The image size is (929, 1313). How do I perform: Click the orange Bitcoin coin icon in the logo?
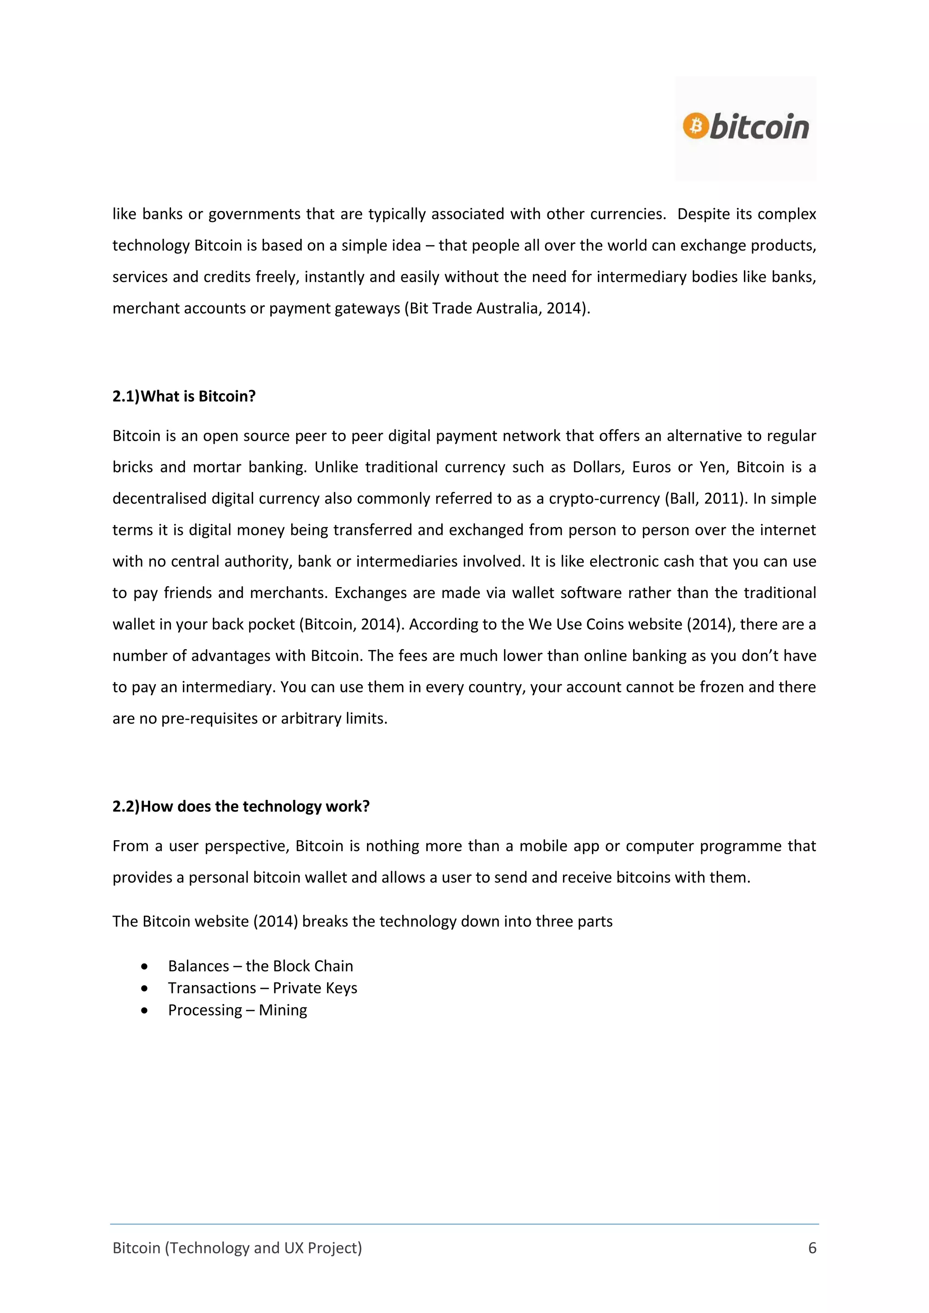pos(695,125)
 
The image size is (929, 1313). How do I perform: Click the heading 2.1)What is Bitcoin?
pos(184,396)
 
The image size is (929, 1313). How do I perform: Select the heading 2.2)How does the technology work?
pos(241,806)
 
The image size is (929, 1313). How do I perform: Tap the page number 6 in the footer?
pos(812,1248)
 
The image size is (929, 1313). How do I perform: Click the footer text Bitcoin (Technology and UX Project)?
pos(237,1248)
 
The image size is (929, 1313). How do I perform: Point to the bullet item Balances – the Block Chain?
pos(260,966)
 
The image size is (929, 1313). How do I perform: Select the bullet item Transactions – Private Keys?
pos(262,988)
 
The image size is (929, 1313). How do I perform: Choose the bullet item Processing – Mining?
pos(237,1010)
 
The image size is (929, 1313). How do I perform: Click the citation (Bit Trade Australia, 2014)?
pos(497,308)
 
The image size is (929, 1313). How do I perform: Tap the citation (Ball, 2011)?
pos(706,499)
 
